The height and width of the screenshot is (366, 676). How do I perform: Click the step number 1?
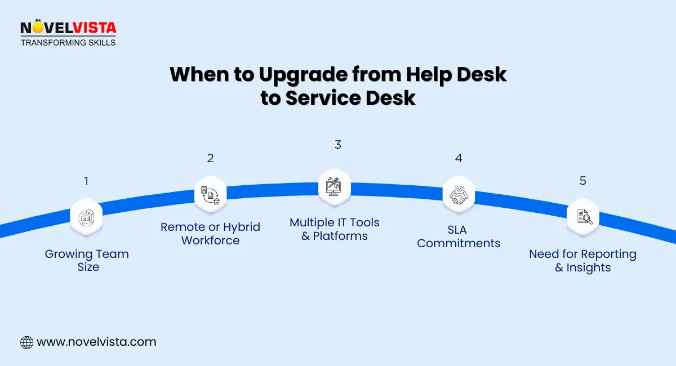point(86,181)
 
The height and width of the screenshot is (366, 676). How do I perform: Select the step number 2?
point(210,158)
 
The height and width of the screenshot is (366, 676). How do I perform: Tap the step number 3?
point(338,145)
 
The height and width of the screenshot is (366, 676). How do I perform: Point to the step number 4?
point(459,158)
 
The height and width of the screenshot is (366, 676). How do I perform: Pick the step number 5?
point(583,181)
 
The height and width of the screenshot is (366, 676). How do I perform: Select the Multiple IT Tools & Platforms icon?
point(334,185)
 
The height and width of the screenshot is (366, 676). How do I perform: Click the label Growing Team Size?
point(87,261)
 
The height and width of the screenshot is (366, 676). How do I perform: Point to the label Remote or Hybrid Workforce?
point(210,234)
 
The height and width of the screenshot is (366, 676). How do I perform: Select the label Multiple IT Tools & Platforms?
point(335,229)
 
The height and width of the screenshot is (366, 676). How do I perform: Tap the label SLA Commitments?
point(459,236)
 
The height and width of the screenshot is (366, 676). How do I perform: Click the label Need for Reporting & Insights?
point(582,261)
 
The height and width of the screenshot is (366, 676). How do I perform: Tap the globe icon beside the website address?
point(26,342)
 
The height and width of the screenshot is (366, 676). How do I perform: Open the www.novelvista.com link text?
point(96,342)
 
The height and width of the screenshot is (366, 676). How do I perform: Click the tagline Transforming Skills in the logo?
point(68,42)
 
